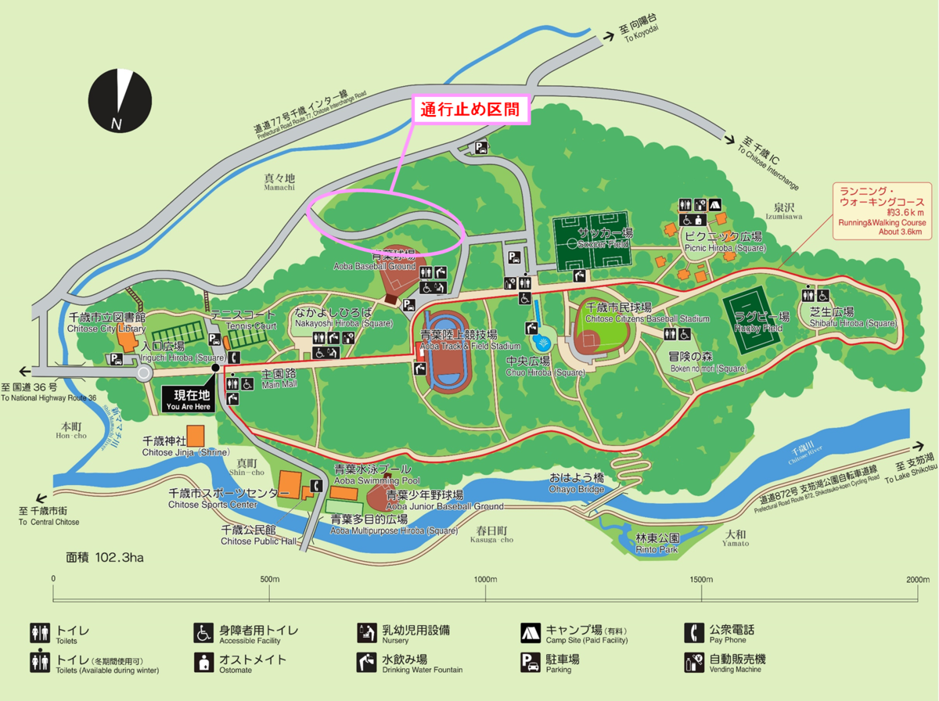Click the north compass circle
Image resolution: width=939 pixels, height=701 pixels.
click(120, 101)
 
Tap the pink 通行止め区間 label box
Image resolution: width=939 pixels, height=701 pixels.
click(470, 110)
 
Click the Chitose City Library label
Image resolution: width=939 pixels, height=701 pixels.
click(106, 323)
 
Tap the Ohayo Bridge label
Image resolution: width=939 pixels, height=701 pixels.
click(577, 483)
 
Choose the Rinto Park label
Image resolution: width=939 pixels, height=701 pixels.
click(657, 544)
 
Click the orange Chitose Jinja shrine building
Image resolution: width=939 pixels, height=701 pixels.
click(195, 436)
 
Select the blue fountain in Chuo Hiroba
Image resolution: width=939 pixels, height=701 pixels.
click(541, 343)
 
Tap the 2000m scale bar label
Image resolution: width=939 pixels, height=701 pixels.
click(917, 579)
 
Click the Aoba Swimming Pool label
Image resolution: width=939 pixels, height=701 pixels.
click(377, 474)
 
